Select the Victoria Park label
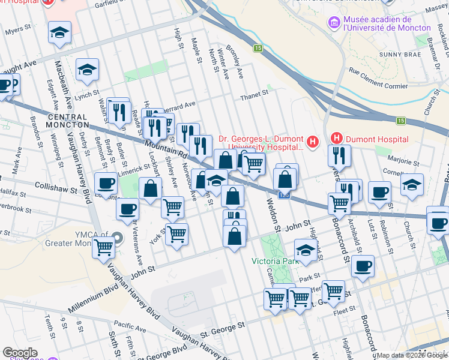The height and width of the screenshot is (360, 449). tap(275, 262)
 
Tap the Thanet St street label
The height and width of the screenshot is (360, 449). tap(255, 94)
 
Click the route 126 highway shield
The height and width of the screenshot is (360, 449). tap(285, 195)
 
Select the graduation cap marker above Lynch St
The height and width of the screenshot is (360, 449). tap(88, 69)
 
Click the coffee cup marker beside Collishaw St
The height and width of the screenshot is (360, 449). tap(106, 182)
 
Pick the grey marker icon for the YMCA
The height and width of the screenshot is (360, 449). tap(118, 238)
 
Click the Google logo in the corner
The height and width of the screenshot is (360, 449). tap(20, 353)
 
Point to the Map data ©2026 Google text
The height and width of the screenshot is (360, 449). tap(411, 355)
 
